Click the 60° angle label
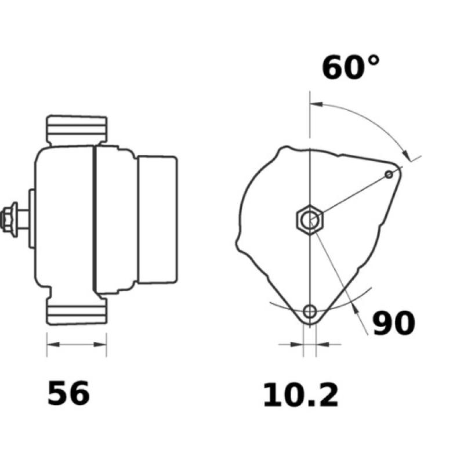tap(350, 67)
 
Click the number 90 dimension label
tap(393, 324)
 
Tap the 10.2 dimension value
tap(300, 396)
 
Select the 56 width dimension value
tap(68, 394)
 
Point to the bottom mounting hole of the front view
tap(311, 311)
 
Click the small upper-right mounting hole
tap(390, 174)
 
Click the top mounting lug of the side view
tap(77, 130)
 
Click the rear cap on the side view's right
tap(157, 219)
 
